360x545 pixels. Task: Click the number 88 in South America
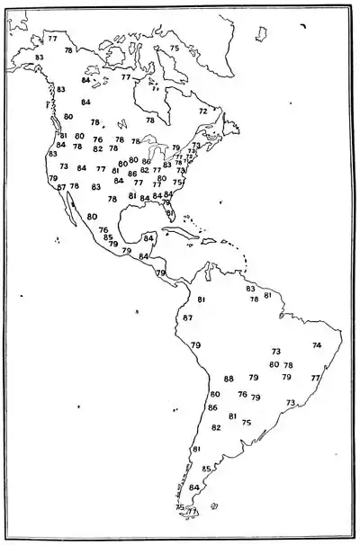pos(229,379)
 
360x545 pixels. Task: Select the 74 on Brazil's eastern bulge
pos(316,345)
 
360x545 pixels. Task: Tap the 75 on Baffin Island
pos(175,48)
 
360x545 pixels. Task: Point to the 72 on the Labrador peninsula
pos(203,111)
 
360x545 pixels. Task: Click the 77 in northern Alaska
pos(53,38)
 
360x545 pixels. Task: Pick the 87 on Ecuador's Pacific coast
pos(187,318)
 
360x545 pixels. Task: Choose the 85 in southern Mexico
pos(108,237)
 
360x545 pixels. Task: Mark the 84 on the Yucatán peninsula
pos(148,238)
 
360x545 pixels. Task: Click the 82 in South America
pos(216,427)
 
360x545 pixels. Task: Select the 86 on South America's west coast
pos(212,407)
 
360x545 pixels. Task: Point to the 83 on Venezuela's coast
pos(251,289)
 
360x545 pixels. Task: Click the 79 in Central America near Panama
pos(161,272)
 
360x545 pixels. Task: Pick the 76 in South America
pos(242,394)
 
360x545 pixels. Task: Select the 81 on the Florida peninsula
pos(170,212)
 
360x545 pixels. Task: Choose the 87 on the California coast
pos(61,187)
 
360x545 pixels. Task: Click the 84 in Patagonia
pos(193,487)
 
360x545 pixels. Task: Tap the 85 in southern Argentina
pos(206,469)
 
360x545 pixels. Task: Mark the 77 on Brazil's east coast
pos(315,379)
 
